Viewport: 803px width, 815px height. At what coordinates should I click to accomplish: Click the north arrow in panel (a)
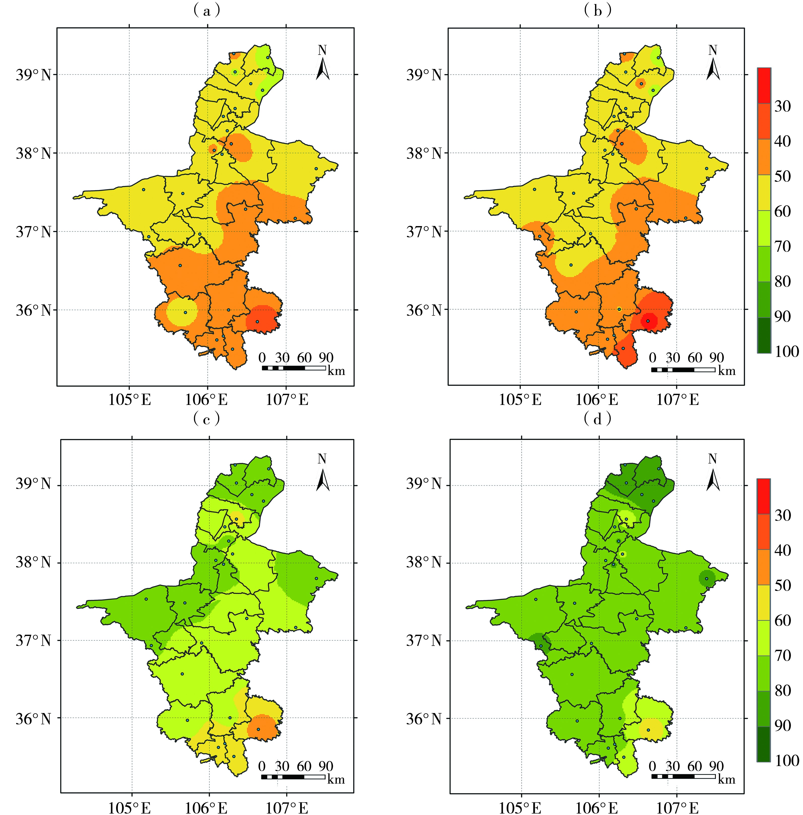pos(322,63)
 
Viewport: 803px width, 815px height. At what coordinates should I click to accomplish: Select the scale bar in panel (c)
pos(293,777)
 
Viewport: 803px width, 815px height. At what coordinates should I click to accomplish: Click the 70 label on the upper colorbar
pos(783,246)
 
